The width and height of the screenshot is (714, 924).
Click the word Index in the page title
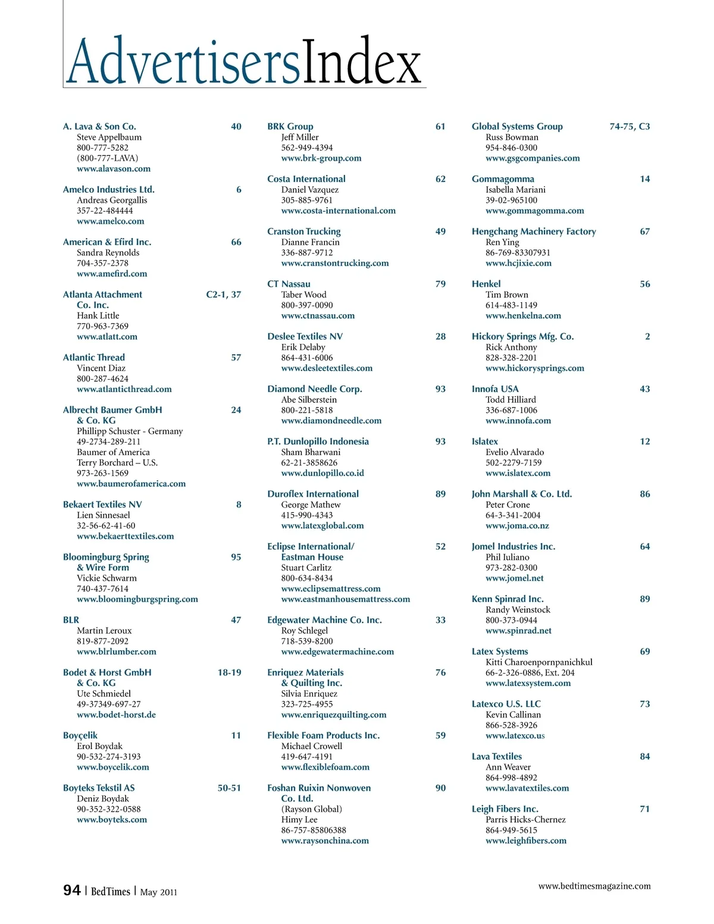(362, 61)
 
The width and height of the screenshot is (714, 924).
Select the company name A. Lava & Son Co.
(99, 127)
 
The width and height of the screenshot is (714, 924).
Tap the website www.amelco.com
(110, 221)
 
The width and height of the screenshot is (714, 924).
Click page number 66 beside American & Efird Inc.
(236, 242)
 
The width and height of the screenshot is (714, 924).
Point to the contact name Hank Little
(98, 316)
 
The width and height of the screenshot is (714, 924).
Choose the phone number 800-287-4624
(102, 379)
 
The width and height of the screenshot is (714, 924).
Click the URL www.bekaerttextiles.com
(125, 537)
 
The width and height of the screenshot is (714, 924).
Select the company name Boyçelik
(80, 736)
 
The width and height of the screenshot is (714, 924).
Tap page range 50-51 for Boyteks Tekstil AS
(229, 788)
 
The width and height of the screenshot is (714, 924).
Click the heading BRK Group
(290, 127)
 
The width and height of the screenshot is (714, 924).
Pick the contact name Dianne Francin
(310, 242)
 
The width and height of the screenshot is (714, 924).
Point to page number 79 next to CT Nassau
(440, 284)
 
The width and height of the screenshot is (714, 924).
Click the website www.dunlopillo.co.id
(322, 474)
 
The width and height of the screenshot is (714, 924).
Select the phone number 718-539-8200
(306, 641)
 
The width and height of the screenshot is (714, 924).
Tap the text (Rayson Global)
(311, 809)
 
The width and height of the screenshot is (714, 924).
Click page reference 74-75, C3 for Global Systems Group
(630, 127)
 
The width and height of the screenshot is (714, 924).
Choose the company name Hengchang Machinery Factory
(534, 231)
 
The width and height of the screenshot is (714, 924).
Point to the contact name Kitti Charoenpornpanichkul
(538, 662)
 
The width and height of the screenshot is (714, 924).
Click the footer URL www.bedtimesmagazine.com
(594, 887)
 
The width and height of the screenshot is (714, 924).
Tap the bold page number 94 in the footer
(71, 890)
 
